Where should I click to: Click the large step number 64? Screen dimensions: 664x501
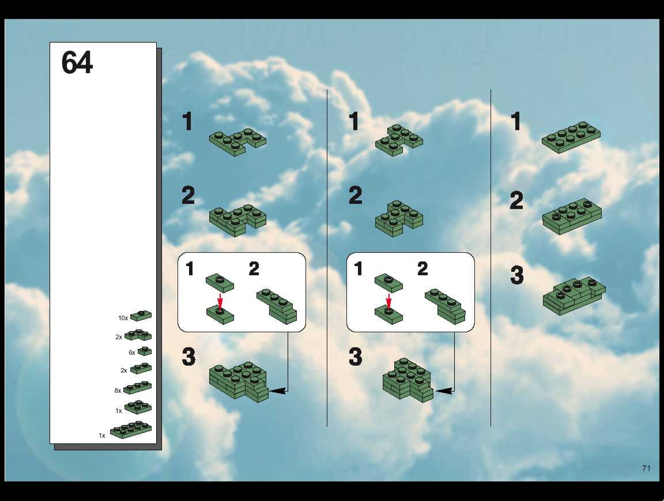[x=77, y=62]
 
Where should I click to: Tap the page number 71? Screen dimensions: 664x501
[x=646, y=468]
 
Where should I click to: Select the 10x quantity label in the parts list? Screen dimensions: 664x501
[x=123, y=318]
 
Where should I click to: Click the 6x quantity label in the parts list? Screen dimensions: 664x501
[x=132, y=353]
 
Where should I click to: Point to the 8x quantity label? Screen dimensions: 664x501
[x=118, y=390]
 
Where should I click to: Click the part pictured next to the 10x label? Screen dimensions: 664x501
[x=141, y=316]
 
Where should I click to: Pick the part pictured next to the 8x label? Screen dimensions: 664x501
[x=137, y=387]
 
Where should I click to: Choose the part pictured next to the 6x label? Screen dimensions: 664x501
[x=145, y=351]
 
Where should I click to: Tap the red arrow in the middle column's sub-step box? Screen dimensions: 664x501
[x=389, y=302]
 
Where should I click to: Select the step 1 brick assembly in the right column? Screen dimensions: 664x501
[x=571, y=137]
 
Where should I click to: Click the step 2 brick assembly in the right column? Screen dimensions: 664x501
[x=572, y=216]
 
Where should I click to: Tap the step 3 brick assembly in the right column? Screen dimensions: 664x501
[x=574, y=296]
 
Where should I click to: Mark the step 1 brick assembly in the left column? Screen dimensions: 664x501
[x=237, y=143]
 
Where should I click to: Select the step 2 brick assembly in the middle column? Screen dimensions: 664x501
[x=399, y=219]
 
